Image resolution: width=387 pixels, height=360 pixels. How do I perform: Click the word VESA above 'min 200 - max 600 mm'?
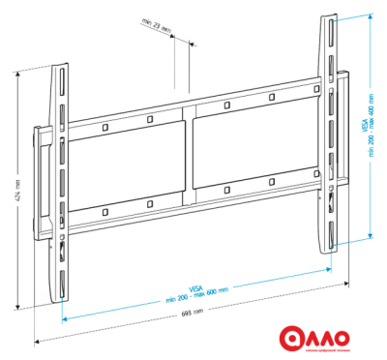pyautogui.click(x=195, y=287)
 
